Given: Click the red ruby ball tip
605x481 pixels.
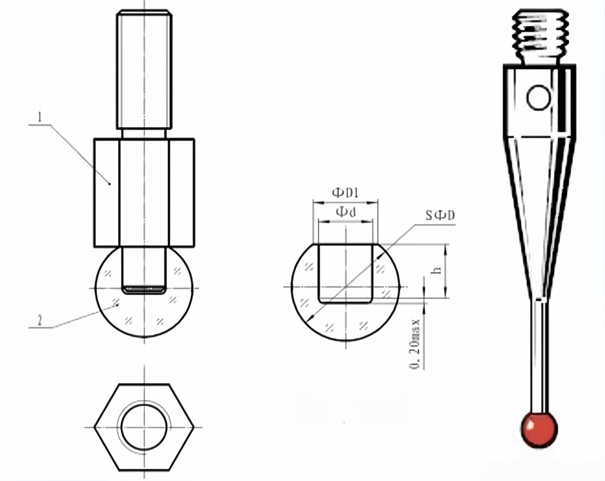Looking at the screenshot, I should pyautogui.click(x=539, y=429).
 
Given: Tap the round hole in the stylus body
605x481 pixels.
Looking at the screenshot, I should pyautogui.click(x=539, y=98).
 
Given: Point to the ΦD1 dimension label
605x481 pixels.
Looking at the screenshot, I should pyautogui.click(x=346, y=193).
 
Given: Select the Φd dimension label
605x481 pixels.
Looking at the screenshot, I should pyautogui.click(x=346, y=212).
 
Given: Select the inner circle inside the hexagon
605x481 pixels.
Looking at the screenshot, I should pyautogui.click(x=144, y=427).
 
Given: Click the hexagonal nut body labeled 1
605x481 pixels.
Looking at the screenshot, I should pyautogui.click(x=106, y=192).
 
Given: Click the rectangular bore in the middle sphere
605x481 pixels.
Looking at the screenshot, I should pyautogui.click(x=346, y=272).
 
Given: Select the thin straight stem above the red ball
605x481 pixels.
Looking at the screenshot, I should pyautogui.click(x=539, y=355).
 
